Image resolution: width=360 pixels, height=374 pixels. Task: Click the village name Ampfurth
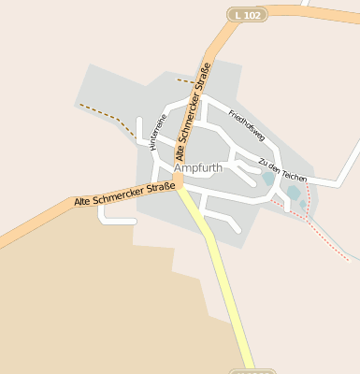coord(197,168)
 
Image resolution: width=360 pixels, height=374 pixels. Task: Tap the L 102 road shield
coord(248,15)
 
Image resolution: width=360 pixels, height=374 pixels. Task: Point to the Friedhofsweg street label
coord(247,125)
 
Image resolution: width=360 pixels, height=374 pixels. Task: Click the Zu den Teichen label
coord(281,170)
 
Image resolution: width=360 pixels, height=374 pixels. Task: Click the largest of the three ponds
coord(294,193)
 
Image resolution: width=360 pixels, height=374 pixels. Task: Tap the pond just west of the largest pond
coord(269,177)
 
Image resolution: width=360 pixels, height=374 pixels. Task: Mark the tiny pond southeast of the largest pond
coord(302,204)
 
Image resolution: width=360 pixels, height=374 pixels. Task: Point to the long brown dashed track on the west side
coord(103,114)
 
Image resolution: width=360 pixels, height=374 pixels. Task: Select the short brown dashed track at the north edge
coord(187,81)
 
